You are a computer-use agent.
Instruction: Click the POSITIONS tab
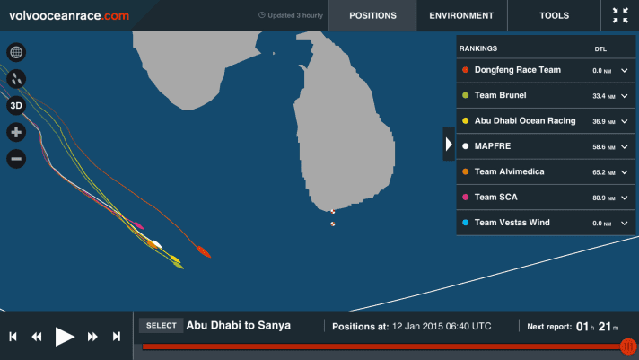(x=372, y=15)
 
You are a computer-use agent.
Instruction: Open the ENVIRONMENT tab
(x=461, y=15)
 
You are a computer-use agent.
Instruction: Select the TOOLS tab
(x=555, y=15)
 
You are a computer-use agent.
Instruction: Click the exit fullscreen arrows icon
(x=620, y=15)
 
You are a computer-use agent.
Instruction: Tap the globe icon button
(x=16, y=52)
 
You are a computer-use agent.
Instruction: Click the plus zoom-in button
(x=16, y=132)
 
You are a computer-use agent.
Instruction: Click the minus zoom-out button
(x=16, y=159)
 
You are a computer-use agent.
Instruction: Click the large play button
(x=65, y=337)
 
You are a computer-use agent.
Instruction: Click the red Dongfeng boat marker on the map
(x=204, y=251)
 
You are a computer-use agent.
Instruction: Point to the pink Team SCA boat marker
(x=137, y=224)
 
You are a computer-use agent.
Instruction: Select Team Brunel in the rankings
(x=500, y=95)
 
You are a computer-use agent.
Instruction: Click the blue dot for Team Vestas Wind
(x=466, y=223)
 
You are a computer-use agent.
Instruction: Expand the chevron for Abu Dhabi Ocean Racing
(x=625, y=121)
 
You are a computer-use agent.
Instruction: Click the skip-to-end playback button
(x=117, y=337)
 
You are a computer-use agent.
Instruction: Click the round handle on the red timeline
(x=629, y=347)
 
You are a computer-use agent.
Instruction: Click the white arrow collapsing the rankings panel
(x=449, y=144)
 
